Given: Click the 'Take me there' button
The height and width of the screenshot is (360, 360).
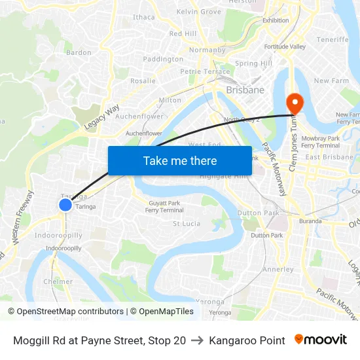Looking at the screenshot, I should tap(180, 160).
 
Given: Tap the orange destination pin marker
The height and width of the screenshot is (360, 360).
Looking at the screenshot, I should tap(294, 103).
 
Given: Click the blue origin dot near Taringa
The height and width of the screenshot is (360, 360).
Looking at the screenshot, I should tap(65, 205).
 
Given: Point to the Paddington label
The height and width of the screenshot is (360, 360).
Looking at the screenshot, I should tap(163, 59).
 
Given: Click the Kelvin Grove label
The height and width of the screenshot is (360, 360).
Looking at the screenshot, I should tap(199, 12).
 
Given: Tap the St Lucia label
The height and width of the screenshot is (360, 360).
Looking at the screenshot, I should tap(186, 223).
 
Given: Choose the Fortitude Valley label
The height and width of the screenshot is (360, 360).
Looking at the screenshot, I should tap(285, 46).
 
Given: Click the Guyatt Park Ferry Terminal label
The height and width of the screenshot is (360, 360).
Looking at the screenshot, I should tap(164, 207).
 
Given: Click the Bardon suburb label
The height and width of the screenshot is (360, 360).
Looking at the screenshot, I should tap(79, 52).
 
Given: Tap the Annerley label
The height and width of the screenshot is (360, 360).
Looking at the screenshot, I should tap(278, 269).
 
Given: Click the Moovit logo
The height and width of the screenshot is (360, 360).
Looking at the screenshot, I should tap(321, 340).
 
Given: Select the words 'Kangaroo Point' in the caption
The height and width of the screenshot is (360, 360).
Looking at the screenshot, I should tap(247, 340).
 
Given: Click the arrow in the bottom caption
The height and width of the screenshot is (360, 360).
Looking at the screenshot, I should tap(197, 340).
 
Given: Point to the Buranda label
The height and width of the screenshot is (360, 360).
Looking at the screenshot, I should tap(310, 221).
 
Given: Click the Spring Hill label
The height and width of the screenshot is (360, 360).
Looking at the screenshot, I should tap(253, 63).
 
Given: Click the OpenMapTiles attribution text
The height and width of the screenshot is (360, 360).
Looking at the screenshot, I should tap(162, 312).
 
